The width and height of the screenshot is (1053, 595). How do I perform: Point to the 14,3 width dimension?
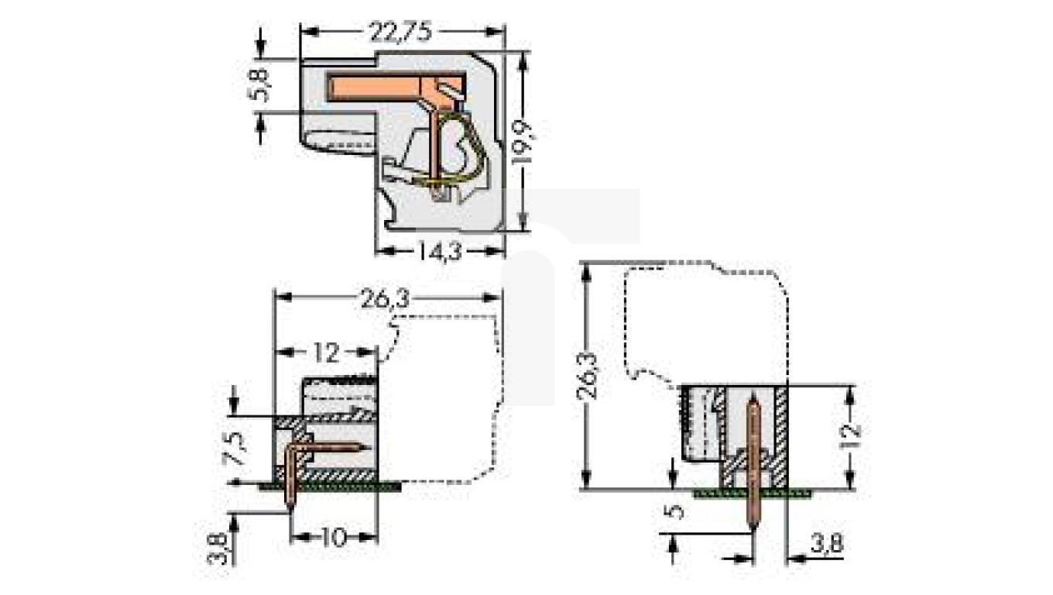coord(439,251)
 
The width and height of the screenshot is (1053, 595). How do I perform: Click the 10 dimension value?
coord(334,537)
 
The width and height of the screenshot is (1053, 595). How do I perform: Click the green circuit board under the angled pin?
coord(333,485)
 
